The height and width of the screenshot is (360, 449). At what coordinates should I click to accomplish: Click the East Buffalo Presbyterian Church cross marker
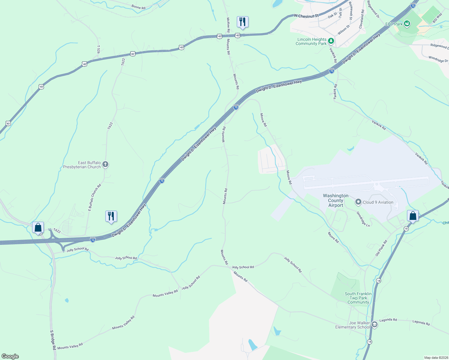(105, 164)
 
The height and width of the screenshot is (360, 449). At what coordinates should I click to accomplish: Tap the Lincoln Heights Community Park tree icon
(331, 40)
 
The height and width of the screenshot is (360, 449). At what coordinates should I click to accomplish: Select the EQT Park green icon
(407, 23)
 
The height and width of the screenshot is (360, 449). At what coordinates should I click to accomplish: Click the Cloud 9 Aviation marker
(358, 202)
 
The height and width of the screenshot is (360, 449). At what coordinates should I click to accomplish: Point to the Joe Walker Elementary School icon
(374, 324)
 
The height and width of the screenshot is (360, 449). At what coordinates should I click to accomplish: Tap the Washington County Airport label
(336, 200)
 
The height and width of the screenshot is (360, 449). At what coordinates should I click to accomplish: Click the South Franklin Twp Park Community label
(358, 298)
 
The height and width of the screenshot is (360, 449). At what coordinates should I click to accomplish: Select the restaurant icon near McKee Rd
(243, 22)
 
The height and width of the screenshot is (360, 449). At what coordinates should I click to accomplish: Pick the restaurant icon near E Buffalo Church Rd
(111, 216)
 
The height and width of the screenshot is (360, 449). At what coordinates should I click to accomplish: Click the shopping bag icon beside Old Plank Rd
(413, 216)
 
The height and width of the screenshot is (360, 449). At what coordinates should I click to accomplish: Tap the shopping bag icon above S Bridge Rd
(38, 227)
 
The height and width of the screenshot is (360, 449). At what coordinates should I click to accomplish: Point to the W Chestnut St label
(306, 16)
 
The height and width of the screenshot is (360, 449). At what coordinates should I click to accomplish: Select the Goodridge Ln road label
(363, 219)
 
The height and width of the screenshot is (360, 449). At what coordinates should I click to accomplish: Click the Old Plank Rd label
(381, 248)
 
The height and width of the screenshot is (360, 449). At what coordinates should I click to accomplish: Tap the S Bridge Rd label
(53, 340)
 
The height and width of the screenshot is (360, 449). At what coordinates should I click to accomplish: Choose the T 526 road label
(98, 49)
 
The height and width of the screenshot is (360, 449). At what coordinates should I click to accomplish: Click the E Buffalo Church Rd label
(95, 197)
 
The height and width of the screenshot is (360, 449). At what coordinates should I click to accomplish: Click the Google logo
(10, 356)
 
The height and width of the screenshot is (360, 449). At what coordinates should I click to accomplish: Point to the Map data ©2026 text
(436, 358)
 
